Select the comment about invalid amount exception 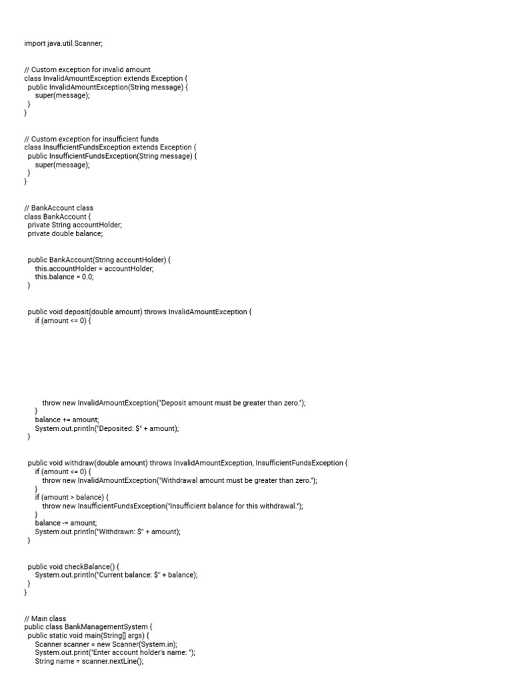87,69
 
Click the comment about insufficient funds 91,139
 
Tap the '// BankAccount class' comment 59,208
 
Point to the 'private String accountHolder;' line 75,225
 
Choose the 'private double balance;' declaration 65,234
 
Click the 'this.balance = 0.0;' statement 65,277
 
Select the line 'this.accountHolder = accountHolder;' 94,268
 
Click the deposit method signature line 140,311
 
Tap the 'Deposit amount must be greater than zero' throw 173,403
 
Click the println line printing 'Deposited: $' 107,429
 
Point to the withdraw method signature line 187,463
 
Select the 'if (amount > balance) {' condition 71,498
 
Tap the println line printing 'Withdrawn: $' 107,532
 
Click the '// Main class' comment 45,618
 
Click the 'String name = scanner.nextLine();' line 89,662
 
